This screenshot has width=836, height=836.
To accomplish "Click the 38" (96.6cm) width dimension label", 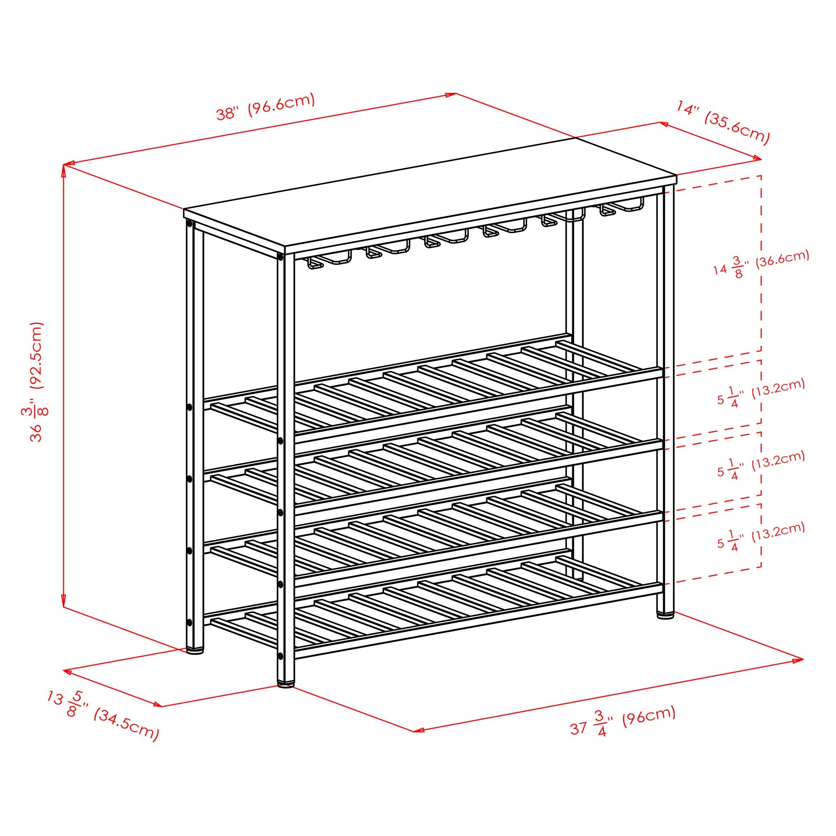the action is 265,106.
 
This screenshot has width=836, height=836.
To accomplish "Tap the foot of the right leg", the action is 665,614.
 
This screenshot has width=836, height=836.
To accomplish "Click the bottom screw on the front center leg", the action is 281,656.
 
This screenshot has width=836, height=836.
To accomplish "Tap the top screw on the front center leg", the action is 281,257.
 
